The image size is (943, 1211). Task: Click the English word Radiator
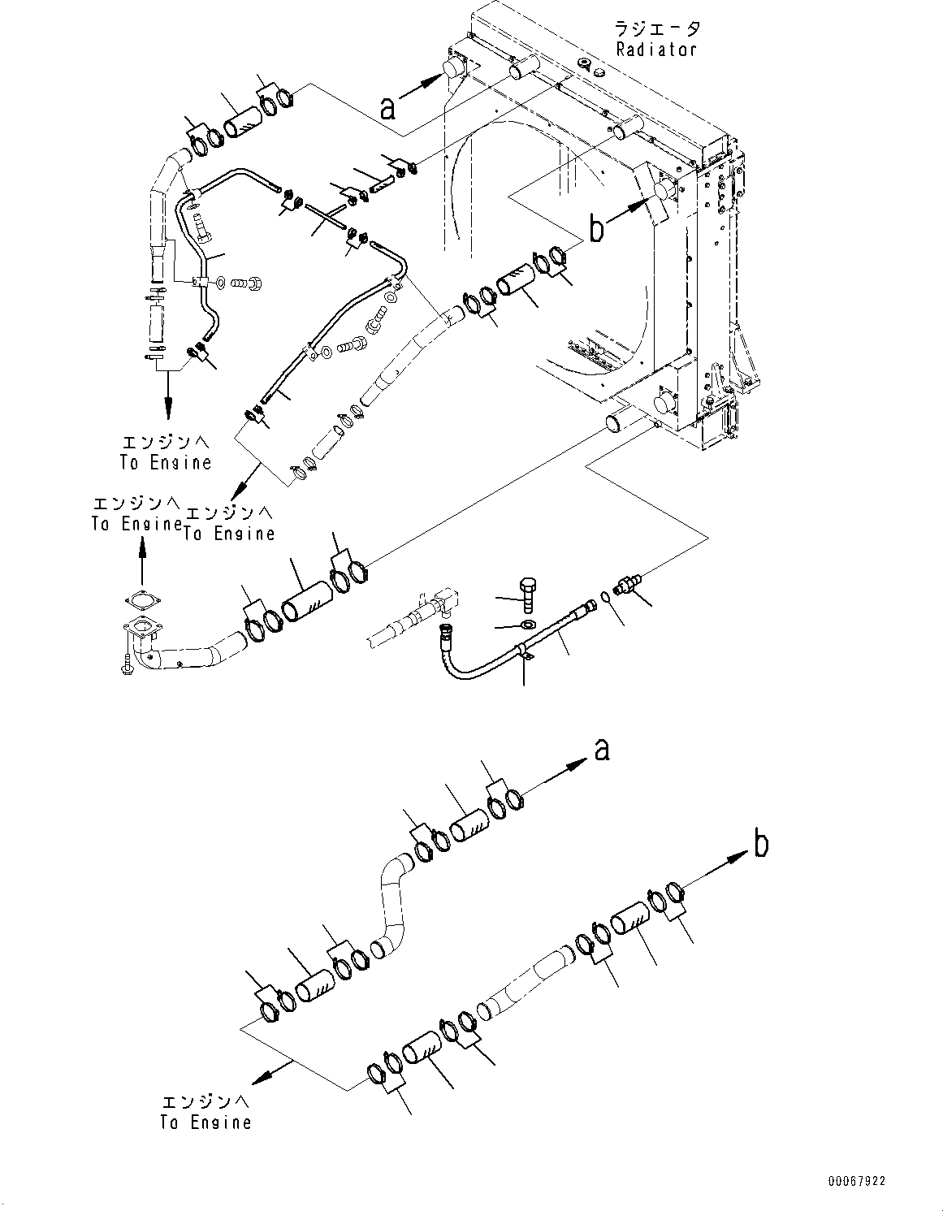(655, 49)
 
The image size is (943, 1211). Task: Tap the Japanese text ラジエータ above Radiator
(657, 29)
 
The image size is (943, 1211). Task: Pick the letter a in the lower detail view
(601, 750)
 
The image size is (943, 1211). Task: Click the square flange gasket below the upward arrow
(142, 603)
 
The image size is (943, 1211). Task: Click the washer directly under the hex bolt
(525, 625)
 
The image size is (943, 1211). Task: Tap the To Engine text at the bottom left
(205, 1114)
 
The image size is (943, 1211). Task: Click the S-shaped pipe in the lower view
(393, 902)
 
